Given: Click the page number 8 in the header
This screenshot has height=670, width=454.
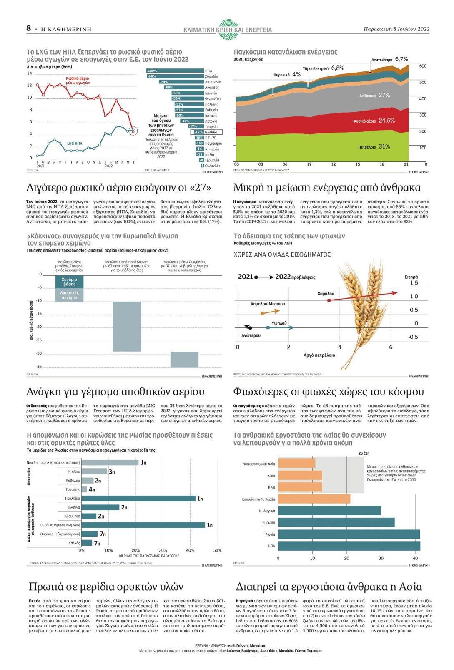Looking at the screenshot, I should pyautogui.click(x=28, y=28).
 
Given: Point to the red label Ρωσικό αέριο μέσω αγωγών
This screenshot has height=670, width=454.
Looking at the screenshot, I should pyautogui.click(x=78, y=81).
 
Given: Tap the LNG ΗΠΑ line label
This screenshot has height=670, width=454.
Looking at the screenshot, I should pyautogui.click(x=75, y=144).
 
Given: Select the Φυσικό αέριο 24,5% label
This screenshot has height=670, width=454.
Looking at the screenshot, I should pyautogui.click(x=374, y=121).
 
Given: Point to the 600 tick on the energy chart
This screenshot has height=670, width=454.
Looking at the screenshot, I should pyautogui.click(x=422, y=66).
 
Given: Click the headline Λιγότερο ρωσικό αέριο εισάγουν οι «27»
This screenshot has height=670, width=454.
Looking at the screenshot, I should pyautogui.click(x=118, y=187).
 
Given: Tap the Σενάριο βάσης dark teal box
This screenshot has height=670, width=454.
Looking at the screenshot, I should pyautogui.click(x=70, y=282).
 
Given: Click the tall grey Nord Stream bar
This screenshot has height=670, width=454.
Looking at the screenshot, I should pyautogui.click(x=127, y=326).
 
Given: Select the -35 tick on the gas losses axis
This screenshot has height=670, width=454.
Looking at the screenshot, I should pyautogui.click(x=39, y=367).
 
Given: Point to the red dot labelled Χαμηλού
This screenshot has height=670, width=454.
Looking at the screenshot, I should pyautogui.click(x=329, y=300).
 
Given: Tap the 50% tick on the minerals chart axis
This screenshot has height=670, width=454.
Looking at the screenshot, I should pyautogui.click(x=217, y=550).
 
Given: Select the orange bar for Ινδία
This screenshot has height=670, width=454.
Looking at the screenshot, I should pyautogui.click(x=300, y=476).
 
